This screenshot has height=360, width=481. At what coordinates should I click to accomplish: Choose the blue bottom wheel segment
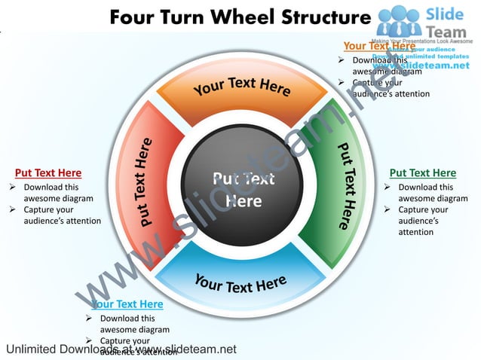coord(241,278)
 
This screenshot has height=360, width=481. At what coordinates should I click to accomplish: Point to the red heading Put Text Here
coord(48,173)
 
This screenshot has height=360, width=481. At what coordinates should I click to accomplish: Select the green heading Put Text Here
coord(422,173)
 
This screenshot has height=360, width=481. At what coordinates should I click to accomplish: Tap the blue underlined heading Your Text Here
coord(127,304)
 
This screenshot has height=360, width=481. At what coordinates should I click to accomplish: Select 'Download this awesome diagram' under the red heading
coord(57,193)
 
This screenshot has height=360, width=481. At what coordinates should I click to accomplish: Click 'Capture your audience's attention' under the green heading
coord(424,221)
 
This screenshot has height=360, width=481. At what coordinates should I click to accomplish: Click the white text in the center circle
coord(243,190)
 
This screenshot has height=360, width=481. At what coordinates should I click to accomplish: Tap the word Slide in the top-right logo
coord(446,14)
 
